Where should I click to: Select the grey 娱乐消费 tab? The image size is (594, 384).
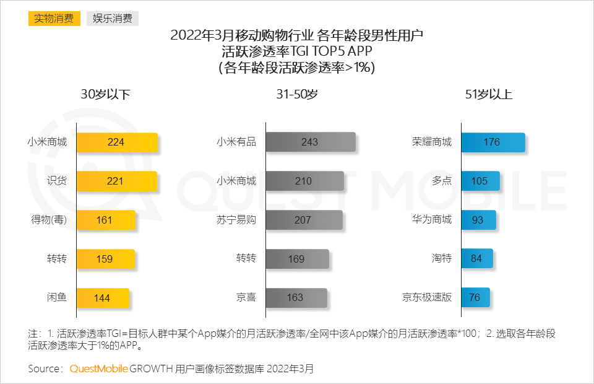(112, 18)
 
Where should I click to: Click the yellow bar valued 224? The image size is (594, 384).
(117, 142)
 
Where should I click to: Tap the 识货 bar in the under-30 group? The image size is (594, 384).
(116, 181)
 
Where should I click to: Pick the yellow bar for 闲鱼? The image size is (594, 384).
(103, 298)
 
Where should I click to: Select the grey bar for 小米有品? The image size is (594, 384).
(311, 142)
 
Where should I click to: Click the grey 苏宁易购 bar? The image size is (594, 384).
(304, 220)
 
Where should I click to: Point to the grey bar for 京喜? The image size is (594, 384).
(296, 298)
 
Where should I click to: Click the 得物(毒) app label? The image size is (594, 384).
(49, 220)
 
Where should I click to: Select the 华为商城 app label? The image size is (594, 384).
(432, 220)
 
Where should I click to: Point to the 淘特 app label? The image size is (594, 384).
(442, 258)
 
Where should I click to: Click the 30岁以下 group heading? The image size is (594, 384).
(105, 94)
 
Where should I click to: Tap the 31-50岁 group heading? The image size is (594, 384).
(297, 94)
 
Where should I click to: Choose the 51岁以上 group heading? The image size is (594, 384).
(488, 94)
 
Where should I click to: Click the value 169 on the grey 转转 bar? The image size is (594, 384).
(296, 259)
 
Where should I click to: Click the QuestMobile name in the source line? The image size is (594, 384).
(98, 369)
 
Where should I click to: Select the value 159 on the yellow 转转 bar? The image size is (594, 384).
(105, 259)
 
